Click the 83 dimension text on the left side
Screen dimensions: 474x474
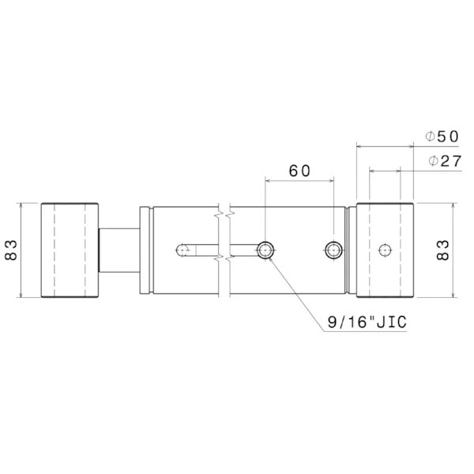(x=11, y=250)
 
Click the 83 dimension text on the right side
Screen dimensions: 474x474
(x=443, y=250)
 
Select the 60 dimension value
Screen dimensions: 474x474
(x=299, y=170)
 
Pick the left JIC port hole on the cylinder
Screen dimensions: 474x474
(x=265, y=250)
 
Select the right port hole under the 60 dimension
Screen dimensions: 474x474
(x=333, y=250)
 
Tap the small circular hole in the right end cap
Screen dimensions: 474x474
(x=385, y=250)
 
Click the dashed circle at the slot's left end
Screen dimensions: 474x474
(x=182, y=250)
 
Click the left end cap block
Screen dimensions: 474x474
(x=70, y=250)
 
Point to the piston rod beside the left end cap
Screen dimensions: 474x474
(x=118, y=250)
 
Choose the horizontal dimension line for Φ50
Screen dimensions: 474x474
(x=385, y=145)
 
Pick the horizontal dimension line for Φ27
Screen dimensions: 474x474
(x=385, y=169)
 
